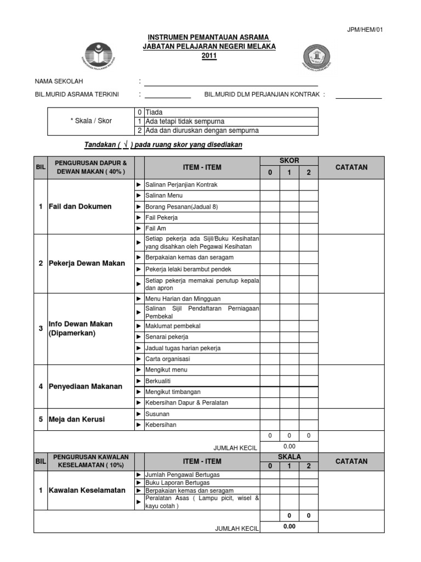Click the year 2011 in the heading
point(209,56)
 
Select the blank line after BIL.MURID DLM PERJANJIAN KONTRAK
point(358,97)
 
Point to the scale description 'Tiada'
point(155,112)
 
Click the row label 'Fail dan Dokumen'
point(80,206)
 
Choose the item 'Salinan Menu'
point(164,195)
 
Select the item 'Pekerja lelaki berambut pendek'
point(189,269)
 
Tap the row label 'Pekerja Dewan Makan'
point(87,263)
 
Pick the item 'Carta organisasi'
point(168,359)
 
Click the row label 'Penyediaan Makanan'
point(85,386)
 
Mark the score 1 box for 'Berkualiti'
point(289,381)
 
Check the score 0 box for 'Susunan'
point(270,414)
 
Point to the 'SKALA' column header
point(289,457)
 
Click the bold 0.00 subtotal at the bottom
point(289,526)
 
